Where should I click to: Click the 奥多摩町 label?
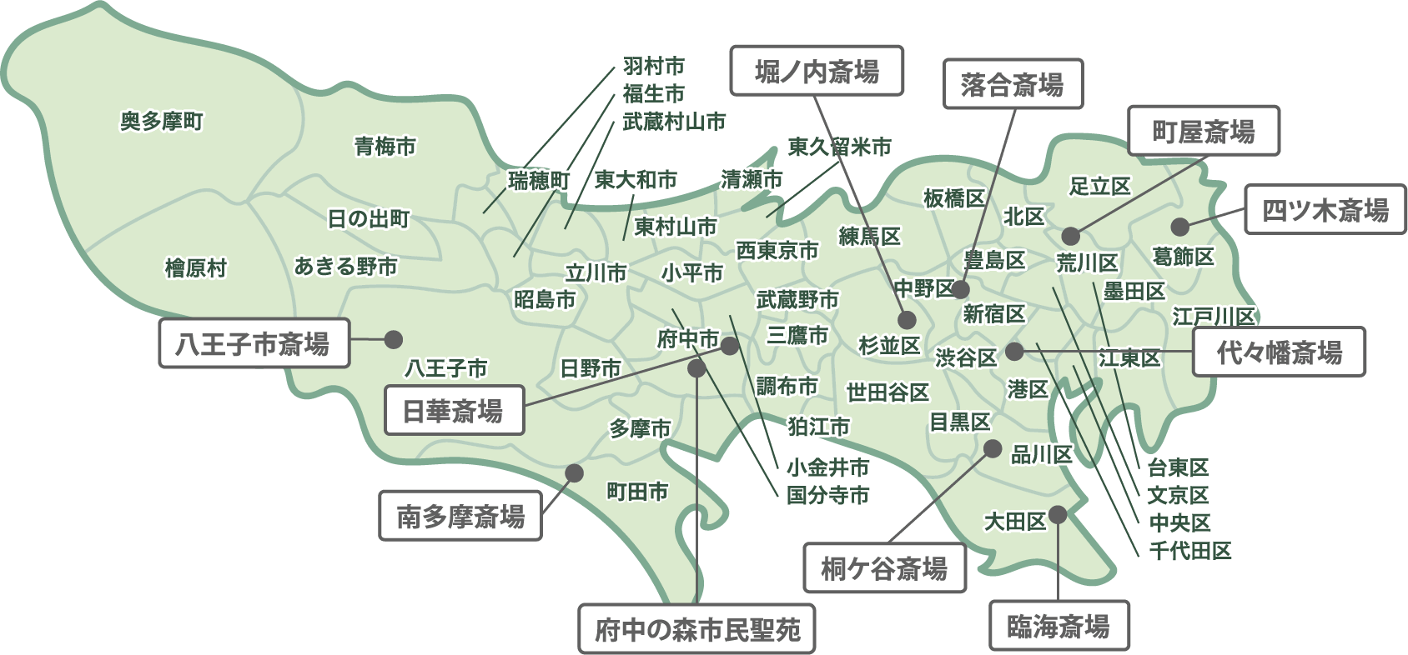click(x=162, y=122)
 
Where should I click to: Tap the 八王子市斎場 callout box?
click(x=253, y=343)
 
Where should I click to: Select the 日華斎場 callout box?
click(x=453, y=411)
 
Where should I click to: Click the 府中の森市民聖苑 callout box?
click(x=696, y=629)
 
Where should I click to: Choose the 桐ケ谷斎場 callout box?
click(x=884, y=569)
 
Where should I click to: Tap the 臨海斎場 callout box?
click(x=1058, y=626)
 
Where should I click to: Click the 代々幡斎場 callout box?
click(x=1279, y=352)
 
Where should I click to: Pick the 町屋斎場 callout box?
click(x=1204, y=131)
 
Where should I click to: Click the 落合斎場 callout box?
click(x=1012, y=84)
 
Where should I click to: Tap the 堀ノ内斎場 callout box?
click(x=817, y=71)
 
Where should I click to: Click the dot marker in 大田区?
click(x=1058, y=514)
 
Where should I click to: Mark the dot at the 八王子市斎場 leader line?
click(x=392, y=339)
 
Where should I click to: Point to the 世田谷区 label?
click(x=888, y=392)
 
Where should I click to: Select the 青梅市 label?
click(x=385, y=147)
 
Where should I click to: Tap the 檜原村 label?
click(x=195, y=268)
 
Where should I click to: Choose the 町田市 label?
click(x=636, y=492)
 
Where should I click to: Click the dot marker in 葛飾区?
click(x=1179, y=227)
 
